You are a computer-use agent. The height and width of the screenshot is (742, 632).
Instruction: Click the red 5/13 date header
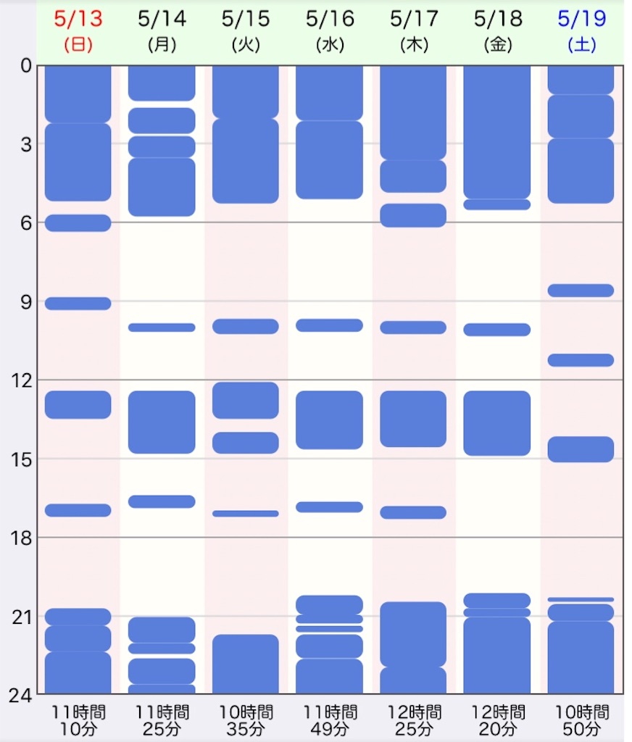tap(78, 19)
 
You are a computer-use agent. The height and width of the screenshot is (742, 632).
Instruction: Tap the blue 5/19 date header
tap(582, 19)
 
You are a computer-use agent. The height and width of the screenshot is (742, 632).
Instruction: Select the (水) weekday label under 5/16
tap(330, 45)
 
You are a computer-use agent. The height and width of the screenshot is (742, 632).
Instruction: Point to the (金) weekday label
tap(497, 45)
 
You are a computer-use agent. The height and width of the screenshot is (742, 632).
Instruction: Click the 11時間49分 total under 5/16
tap(330, 720)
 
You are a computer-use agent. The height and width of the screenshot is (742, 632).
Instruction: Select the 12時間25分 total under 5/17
tap(413, 720)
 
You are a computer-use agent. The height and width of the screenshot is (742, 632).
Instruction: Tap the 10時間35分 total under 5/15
tap(246, 720)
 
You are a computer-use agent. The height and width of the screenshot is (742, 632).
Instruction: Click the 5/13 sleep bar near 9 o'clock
tap(78, 304)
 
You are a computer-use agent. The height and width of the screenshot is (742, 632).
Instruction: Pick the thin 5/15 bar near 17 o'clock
tap(246, 513)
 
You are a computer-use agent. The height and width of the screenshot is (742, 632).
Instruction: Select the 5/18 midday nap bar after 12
tap(497, 423)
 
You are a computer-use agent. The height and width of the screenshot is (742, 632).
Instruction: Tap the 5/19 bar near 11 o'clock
tap(581, 360)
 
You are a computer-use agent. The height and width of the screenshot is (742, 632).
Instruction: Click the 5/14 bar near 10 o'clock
tap(162, 328)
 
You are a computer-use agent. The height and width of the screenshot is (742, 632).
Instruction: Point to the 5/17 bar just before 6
tap(413, 215)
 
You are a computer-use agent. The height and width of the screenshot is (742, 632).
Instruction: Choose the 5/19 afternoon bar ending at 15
tap(581, 449)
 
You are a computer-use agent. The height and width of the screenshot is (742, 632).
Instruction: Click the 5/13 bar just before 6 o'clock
tap(78, 222)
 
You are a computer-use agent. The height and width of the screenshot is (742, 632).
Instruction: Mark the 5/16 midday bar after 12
tap(330, 420)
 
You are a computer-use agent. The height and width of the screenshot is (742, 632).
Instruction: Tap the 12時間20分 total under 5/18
tap(497, 720)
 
